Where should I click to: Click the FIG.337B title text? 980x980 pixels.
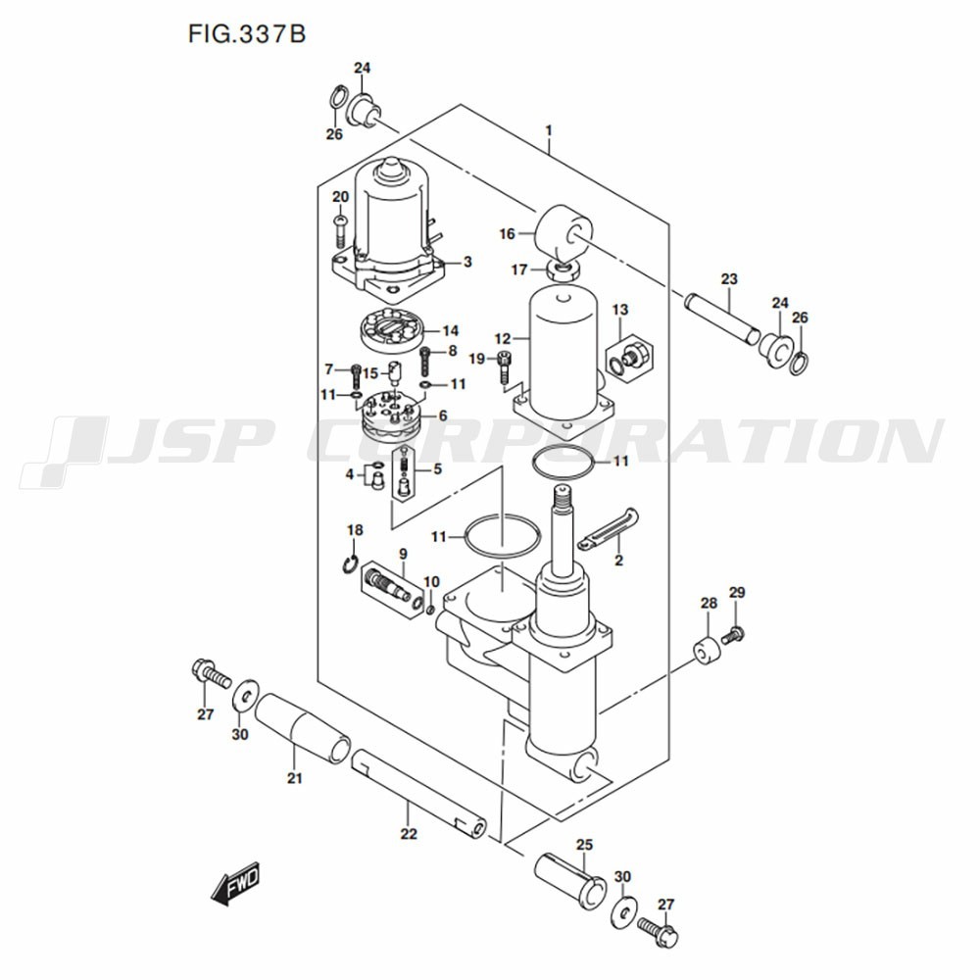tap(247, 33)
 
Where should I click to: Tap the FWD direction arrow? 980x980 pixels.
tap(235, 885)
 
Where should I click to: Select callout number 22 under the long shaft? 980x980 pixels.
tap(408, 834)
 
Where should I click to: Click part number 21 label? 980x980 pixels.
tap(294, 778)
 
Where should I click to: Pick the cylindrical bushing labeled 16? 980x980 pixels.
tap(563, 234)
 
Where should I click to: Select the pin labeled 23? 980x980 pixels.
tap(722, 318)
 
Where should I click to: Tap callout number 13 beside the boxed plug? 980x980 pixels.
tap(620, 310)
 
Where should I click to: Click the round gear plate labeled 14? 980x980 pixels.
tap(393, 330)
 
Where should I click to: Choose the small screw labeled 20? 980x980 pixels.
tap(340, 231)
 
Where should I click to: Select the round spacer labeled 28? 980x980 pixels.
tap(707, 652)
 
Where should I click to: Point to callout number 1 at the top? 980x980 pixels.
tap(548, 130)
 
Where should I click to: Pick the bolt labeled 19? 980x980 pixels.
tap(504, 367)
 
